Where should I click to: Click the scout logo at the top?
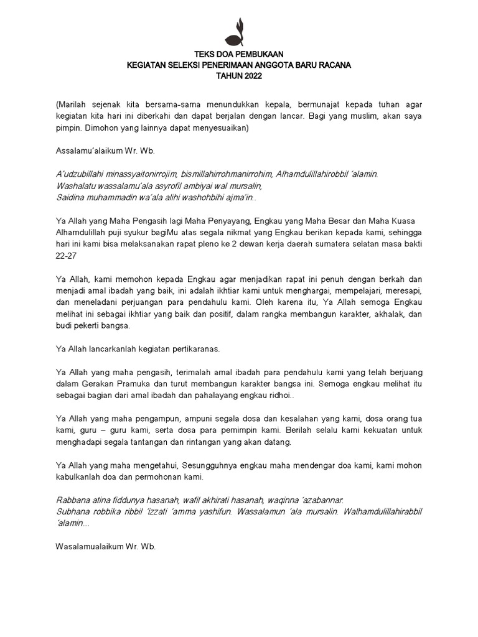coord(239,32)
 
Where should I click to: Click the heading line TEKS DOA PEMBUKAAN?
coord(239,54)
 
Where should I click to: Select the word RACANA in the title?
coord(334,65)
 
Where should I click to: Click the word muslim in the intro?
coord(362,117)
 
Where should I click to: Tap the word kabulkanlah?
coord(81,477)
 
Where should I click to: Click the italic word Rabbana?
coord(73,500)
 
